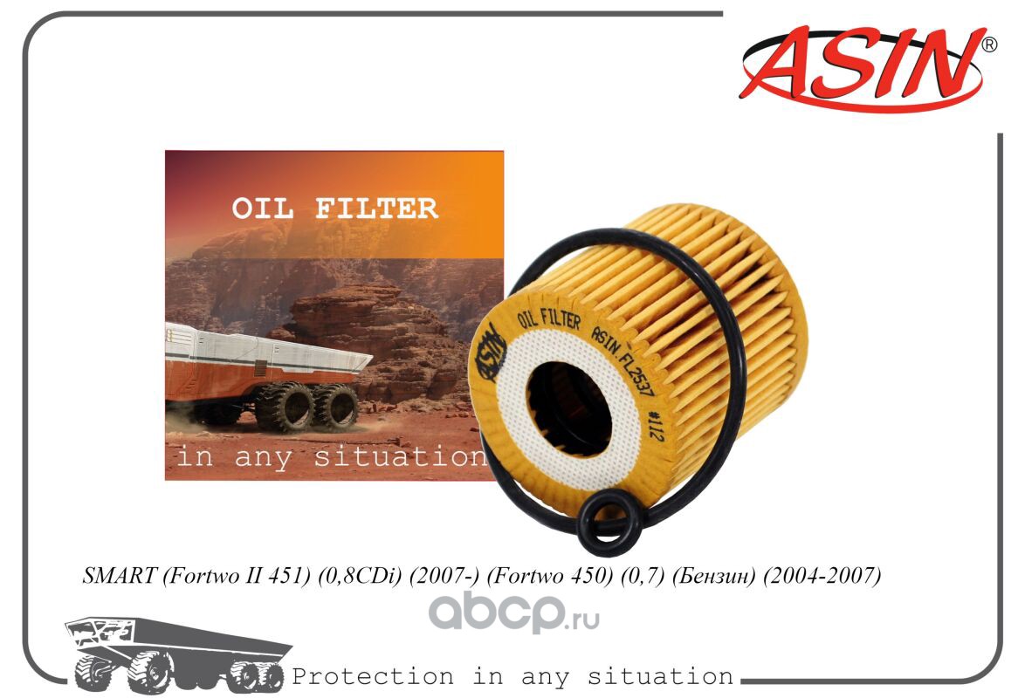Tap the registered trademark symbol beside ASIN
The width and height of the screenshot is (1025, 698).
(990, 44)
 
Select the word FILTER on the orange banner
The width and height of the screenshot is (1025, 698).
(377, 209)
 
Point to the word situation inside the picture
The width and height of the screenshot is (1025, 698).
(400, 456)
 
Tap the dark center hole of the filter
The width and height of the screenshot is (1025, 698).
(568, 409)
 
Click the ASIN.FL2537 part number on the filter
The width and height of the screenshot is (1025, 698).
(623, 360)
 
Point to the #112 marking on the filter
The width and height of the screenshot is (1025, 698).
(654, 426)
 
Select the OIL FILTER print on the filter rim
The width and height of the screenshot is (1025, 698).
(549, 319)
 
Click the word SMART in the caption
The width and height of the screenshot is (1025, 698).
(119, 575)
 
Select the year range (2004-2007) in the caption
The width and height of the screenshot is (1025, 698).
(822, 576)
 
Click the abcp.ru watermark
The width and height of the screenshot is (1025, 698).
(513, 614)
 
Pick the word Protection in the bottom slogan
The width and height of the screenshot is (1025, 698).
(373, 676)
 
